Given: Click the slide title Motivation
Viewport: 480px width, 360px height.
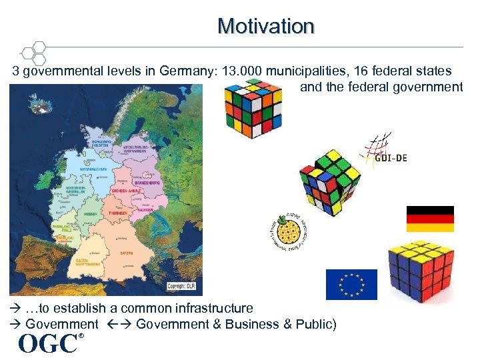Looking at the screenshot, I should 265,26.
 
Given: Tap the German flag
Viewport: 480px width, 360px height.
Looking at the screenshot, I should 430,219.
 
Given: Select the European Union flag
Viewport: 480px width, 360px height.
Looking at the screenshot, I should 351,285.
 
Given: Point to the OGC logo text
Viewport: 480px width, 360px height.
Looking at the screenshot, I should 47,343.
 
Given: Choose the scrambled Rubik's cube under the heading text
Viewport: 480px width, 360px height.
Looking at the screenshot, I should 253,106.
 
